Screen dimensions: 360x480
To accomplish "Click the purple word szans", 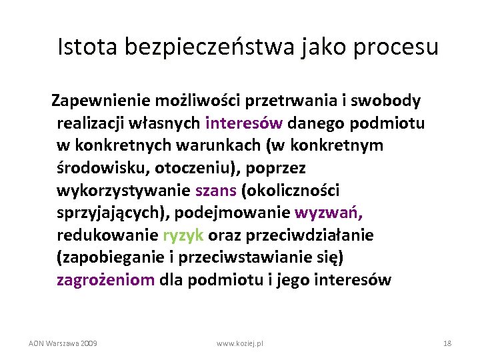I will (216, 191).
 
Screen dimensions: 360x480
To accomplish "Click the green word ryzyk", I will (183, 235).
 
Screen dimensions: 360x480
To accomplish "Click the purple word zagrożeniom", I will (105, 280).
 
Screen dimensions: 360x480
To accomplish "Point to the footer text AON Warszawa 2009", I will (63, 343).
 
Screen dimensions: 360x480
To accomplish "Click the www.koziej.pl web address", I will (240, 343).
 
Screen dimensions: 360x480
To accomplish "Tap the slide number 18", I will (447, 343).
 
